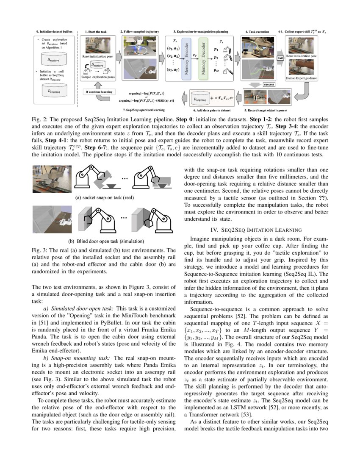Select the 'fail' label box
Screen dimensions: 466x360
coord(280,58)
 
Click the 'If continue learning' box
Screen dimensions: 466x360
coord(98,92)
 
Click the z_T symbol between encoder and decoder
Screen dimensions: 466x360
coord(194,55)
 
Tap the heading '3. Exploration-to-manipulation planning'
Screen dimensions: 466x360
coord(194,31)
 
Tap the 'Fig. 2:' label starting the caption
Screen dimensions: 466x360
coord(40,119)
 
